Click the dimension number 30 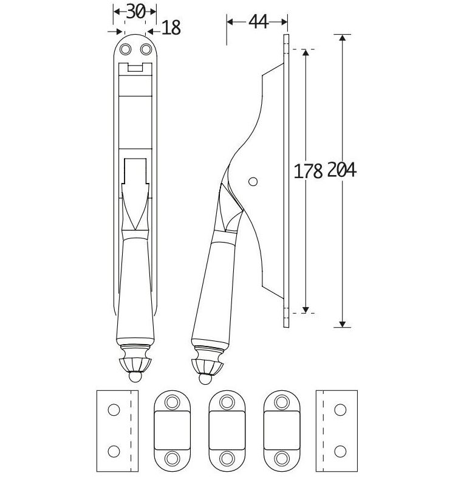[x=135, y=11]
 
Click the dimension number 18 [x=172, y=28]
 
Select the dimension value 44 [x=258, y=22]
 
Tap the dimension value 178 [x=308, y=171]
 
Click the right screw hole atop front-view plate [x=145, y=49]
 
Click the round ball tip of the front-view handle [x=135, y=378]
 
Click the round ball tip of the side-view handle [x=203, y=379]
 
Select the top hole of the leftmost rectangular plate [x=113, y=410]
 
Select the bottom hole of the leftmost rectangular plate [x=113, y=450]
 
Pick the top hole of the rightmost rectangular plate [x=340, y=410]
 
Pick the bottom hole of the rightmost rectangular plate [x=340, y=450]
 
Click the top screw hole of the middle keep [x=227, y=401]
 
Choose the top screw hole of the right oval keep [x=282, y=401]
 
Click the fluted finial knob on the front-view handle [x=135, y=363]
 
